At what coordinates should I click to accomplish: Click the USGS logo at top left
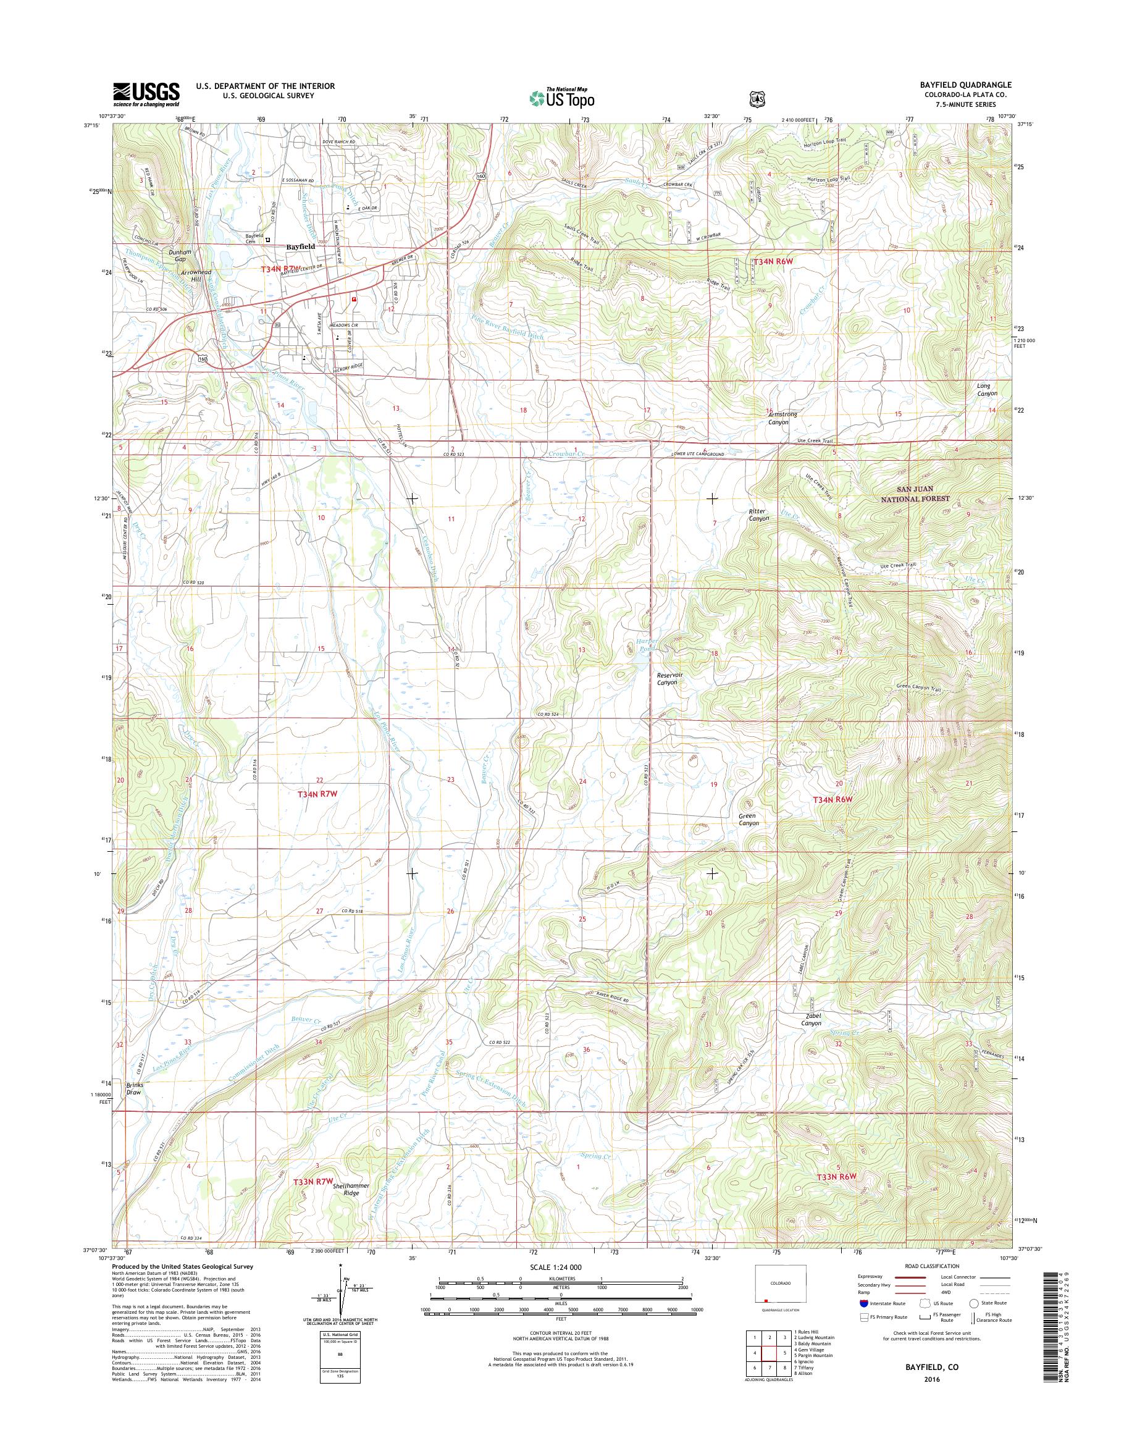146,94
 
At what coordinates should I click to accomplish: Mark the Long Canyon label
986,389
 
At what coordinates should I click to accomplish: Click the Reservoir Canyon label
666,679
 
